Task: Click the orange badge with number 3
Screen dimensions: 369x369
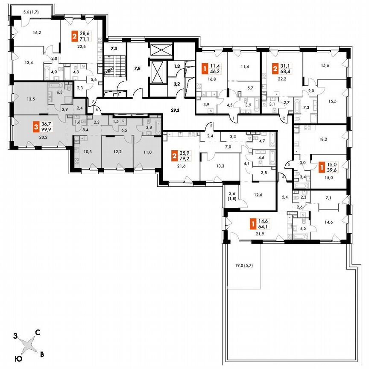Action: coord(37,127)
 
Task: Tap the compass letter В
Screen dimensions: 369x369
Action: coord(41,354)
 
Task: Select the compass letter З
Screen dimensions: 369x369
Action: coord(15,337)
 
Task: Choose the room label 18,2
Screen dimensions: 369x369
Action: coord(323,139)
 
